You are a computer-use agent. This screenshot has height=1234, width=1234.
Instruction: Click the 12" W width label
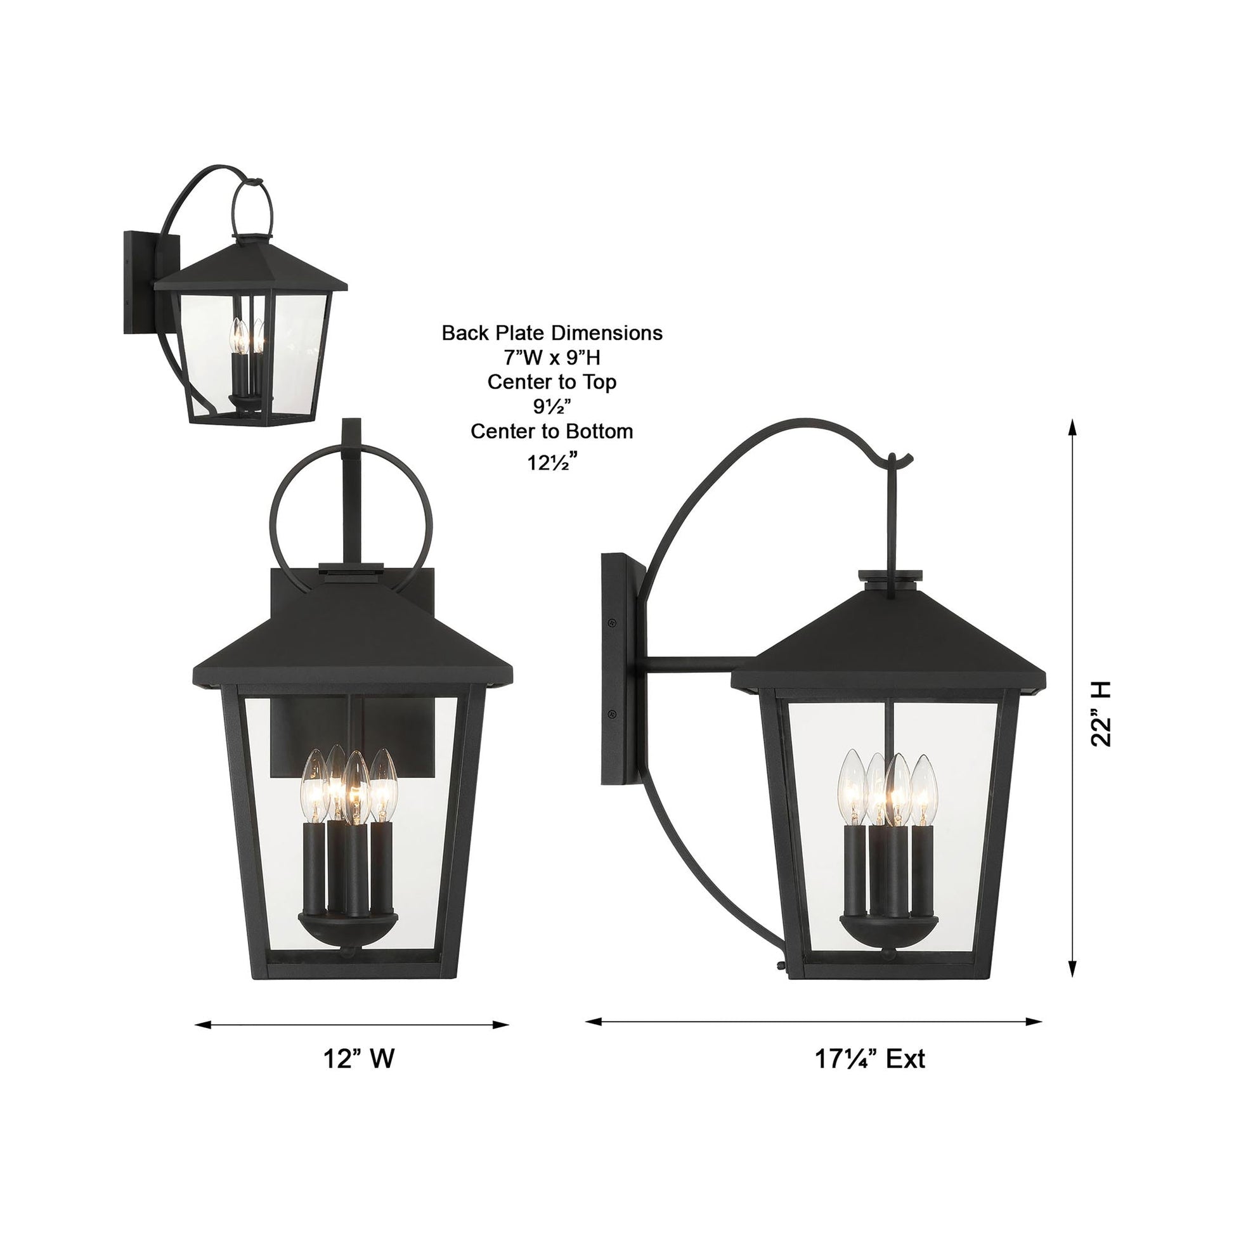tap(358, 1059)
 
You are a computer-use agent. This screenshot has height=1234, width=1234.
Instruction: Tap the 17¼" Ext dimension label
tap(869, 1059)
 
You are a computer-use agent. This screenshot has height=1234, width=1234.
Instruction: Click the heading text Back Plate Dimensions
tap(552, 333)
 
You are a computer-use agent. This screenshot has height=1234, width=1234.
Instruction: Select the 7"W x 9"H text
tap(552, 357)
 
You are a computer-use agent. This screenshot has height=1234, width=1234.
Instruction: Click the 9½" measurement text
tap(552, 407)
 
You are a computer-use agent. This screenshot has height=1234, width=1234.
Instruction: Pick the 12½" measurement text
tap(552, 460)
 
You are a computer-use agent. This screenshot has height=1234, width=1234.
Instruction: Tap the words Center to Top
tap(552, 382)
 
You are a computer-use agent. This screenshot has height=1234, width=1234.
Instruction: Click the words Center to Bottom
tap(552, 431)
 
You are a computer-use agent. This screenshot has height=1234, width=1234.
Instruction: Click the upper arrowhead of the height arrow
tap(1072, 427)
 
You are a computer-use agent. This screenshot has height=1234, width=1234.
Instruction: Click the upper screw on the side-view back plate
tap(612, 622)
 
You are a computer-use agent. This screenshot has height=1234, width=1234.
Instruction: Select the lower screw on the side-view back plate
tap(612, 714)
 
